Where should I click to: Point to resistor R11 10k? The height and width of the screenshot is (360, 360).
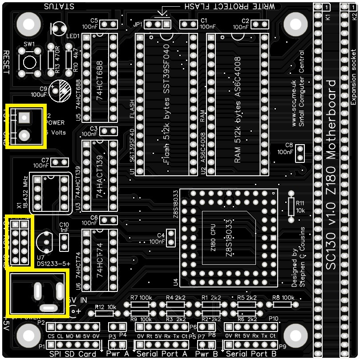pos(291,206)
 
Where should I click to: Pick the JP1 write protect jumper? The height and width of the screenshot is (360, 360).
pos(158,24)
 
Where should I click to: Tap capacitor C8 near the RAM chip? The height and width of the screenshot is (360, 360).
pos(300,153)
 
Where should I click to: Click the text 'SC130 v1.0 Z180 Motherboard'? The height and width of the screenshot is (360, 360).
pos(332,175)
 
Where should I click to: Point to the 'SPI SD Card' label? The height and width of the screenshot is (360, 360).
pos(72,354)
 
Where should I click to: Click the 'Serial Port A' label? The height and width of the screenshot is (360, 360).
pos(162,354)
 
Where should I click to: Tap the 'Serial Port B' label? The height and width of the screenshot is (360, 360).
pos(251,354)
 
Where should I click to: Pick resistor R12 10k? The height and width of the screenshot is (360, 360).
pos(105,313)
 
